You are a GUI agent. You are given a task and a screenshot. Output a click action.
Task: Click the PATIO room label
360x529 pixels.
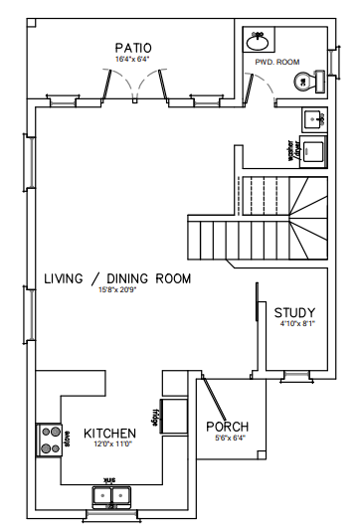pyautogui.click(x=132, y=47)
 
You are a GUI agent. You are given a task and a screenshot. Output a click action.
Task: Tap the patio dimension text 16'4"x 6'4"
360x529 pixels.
pyautogui.click(x=132, y=59)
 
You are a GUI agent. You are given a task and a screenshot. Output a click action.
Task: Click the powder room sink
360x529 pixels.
pyautogui.click(x=259, y=41)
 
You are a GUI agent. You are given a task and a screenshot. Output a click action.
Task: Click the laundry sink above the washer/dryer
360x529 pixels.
pyautogui.click(x=314, y=119)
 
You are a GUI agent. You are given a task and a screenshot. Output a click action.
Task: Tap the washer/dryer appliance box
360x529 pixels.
pyautogui.click(x=314, y=151)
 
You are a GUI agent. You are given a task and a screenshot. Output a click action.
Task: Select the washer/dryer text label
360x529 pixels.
pyautogui.click(x=294, y=151)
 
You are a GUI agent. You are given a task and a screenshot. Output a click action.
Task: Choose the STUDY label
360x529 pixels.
pyautogui.click(x=295, y=312)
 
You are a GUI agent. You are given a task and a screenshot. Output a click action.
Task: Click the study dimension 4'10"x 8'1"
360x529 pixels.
pyautogui.click(x=295, y=324)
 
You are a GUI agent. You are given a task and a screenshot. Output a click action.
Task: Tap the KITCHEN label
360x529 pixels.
pyautogui.click(x=109, y=434)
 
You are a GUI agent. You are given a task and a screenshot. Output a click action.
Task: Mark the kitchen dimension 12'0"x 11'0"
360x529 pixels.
pyautogui.click(x=109, y=445)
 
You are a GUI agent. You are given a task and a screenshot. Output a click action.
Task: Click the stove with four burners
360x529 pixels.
pyautogui.click(x=50, y=439)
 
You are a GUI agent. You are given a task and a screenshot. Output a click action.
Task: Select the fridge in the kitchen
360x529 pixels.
pyautogui.click(x=171, y=416)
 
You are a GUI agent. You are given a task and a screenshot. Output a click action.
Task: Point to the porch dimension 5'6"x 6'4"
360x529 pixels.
pyautogui.click(x=226, y=438)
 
